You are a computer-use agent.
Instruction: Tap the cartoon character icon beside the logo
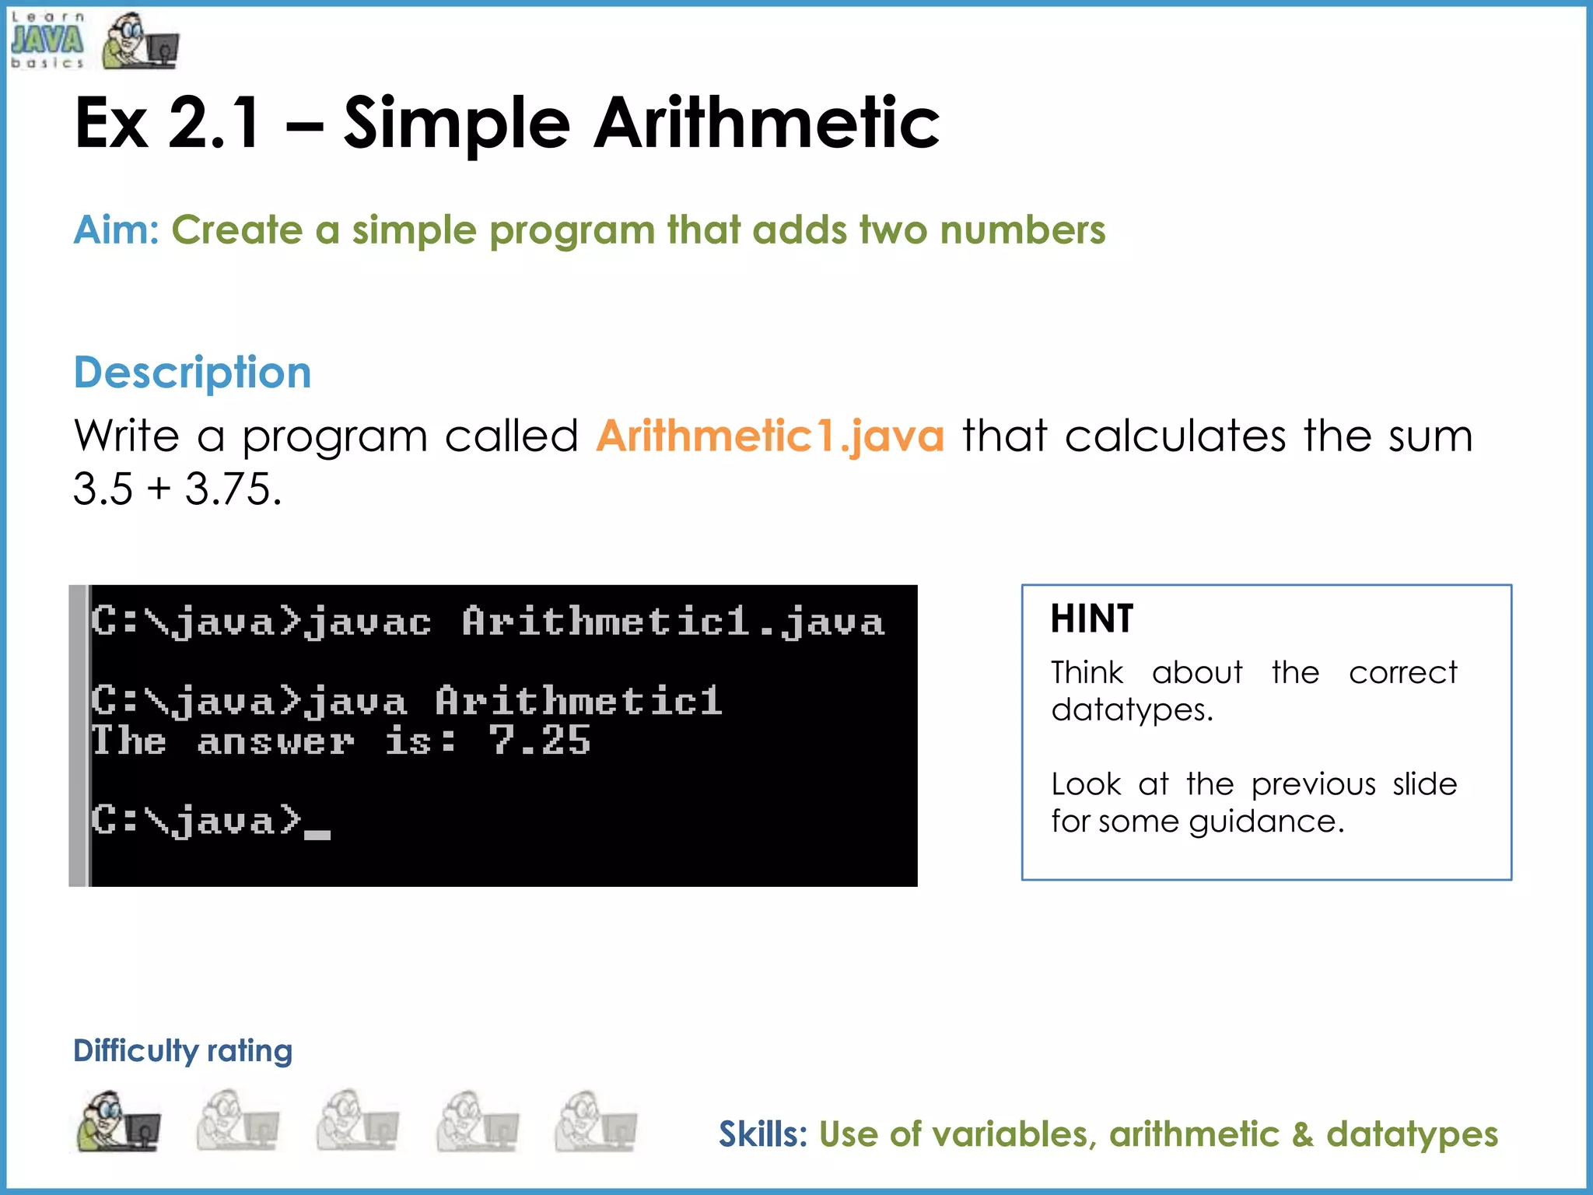point(140,41)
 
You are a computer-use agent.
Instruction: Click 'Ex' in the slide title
point(111,123)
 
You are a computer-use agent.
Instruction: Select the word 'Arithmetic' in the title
point(766,123)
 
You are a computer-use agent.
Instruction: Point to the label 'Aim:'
point(116,230)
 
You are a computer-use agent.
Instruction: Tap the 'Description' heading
point(192,373)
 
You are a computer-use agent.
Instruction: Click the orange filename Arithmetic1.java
point(770,436)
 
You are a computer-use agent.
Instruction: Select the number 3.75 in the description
point(233,489)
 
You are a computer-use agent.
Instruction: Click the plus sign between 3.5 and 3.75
point(159,489)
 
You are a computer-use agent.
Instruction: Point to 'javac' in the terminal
point(367,623)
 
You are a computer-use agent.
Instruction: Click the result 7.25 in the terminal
point(540,741)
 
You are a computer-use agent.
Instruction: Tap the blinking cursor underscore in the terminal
point(317,834)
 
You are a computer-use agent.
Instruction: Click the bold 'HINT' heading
point(1092,619)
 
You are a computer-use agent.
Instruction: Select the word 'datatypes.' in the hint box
point(1132,710)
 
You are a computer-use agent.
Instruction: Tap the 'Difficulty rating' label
point(183,1051)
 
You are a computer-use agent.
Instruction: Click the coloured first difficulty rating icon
point(119,1121)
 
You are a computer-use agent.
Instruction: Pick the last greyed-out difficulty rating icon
point(596,1121)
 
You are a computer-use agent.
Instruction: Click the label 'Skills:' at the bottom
point(762,1134)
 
